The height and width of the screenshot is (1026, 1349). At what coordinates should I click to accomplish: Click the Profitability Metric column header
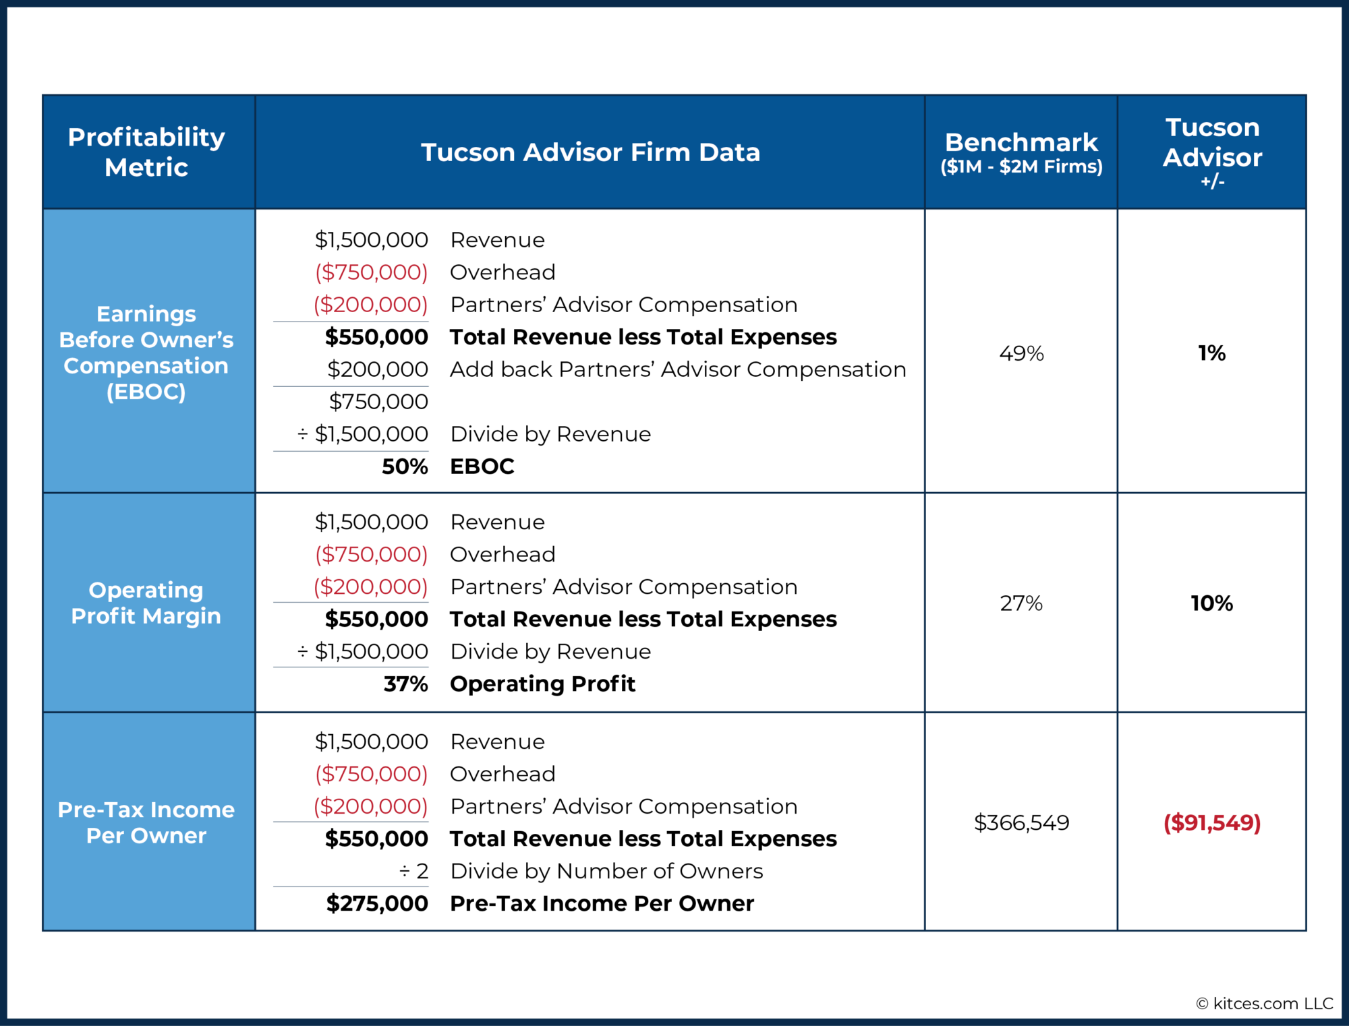[146, 152]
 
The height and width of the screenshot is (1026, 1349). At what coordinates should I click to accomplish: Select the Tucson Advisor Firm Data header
[590, 152]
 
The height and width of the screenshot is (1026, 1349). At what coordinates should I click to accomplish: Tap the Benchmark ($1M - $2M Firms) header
[1021, 152]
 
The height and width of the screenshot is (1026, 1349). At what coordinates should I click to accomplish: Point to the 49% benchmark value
[1021, 353]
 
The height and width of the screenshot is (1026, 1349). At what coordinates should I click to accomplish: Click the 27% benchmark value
[1021, 603]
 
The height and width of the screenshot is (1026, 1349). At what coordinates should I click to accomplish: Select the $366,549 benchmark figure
[1021, 822]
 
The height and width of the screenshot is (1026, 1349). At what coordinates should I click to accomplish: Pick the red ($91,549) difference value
[1211, 822]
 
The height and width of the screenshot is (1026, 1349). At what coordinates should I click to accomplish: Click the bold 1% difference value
[1211, 353]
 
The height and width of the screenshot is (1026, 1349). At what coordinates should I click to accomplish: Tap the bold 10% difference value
[1211, 603]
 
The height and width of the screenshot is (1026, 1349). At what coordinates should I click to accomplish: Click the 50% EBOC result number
[405, 466]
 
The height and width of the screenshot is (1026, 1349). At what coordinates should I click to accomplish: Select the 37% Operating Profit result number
[405, 684]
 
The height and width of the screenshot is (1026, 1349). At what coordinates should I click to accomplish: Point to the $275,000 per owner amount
[377, 903]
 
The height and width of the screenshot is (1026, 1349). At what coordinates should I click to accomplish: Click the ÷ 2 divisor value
[413, 871]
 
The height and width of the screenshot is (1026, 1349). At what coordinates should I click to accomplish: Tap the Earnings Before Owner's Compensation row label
[146, 353]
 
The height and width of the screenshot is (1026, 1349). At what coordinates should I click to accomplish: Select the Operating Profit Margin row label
[146, 603]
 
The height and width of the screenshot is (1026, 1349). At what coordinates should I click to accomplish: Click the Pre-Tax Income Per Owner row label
[146, 822]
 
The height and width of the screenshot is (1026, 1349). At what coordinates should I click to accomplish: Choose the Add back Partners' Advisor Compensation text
[678, 369]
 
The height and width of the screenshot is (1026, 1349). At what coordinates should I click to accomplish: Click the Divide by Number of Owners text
[606, 871]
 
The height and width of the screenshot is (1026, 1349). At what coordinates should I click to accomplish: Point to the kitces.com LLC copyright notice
[1265, 1004]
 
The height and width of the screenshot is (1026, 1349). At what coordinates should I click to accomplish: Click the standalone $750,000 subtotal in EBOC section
[378, 402]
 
